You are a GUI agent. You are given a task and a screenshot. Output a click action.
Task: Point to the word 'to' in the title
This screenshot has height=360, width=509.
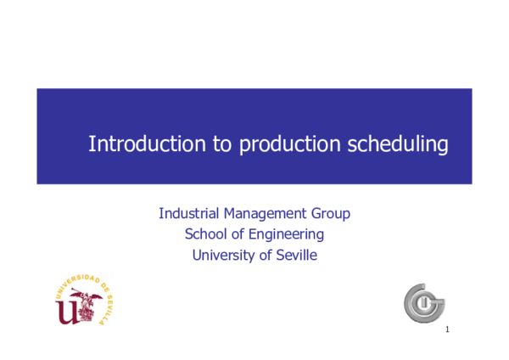222,144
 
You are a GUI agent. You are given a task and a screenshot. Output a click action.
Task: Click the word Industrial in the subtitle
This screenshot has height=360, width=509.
190,213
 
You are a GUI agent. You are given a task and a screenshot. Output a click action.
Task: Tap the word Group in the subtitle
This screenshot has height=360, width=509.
331,213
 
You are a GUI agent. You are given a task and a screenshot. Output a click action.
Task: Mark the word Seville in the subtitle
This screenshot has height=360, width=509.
298,255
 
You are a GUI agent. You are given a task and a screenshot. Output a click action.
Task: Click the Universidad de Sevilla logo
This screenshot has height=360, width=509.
84,299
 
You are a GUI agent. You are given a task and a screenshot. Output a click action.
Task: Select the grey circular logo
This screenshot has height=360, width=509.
424,302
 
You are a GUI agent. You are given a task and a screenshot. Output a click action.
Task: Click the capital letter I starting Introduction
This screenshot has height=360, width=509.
91,143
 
